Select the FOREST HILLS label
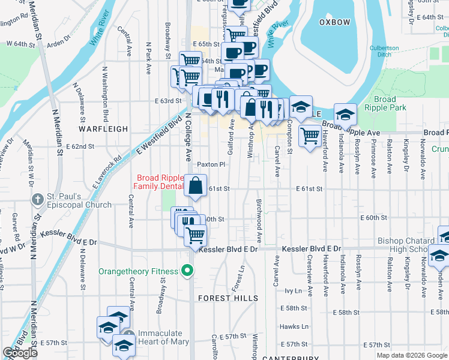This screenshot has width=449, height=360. pyautogui.click(x=228, y=298)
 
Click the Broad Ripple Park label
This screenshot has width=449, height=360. pyautogui.click(x=385, y=103)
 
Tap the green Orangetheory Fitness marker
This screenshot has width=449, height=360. pyautogui.click(x=188, y=271)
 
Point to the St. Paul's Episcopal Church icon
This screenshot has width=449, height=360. pyautogui.click(x=37, y=199)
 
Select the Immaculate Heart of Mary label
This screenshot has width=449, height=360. pyautogui.click(x=163, y=338)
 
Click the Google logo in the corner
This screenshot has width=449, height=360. pyautogui.click(x=20, y=353)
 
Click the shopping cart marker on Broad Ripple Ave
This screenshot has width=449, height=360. pyautogui.click(x=309, y=137)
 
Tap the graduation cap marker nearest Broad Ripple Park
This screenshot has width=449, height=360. pyautogui.click(x=345, y=114)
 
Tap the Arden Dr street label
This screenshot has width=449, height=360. pyautogui.click(x=58, y=43)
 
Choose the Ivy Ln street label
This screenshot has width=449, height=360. pyautogui.click(x=292, y=290)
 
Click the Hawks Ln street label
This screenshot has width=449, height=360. pyautogui.click(x=294, y=327)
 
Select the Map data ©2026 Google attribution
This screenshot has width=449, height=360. pyautogui.click(x=412, y=355)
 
